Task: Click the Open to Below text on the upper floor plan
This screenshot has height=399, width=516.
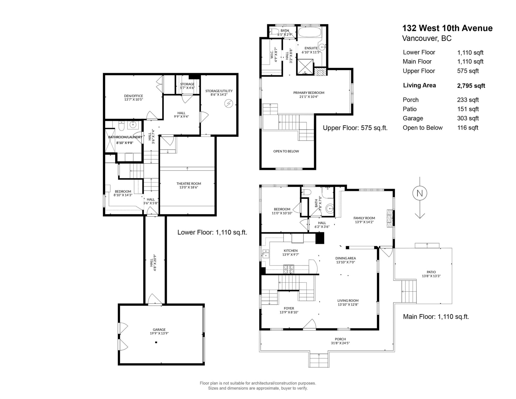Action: (x=286, y=151)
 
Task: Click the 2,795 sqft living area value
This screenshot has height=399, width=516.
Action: (x=471, y=86)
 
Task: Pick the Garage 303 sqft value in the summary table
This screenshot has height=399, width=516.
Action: (x=468, y=118)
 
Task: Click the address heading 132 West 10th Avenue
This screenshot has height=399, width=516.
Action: (x=447, y=28)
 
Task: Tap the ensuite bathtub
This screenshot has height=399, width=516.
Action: (x=310, y=32)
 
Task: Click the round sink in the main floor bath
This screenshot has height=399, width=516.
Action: (x=330, y=208)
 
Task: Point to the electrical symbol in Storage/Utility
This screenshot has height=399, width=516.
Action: (x=229, y=104)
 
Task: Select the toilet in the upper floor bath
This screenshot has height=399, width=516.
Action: (x=274, y=32)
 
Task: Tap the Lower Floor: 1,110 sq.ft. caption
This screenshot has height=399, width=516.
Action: (x=212, y=232)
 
